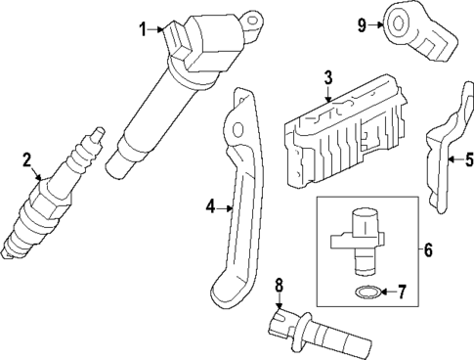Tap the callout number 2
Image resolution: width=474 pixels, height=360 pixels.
(27, 158)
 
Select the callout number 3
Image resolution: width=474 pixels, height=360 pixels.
(328, 76)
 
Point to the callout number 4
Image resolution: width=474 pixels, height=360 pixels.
(209, 206)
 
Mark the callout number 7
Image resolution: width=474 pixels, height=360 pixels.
(408, 292)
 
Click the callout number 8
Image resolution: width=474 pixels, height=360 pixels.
(279, 287)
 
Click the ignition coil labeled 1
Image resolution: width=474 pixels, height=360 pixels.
(176, 88)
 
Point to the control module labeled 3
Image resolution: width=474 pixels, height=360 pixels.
(342, 132)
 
